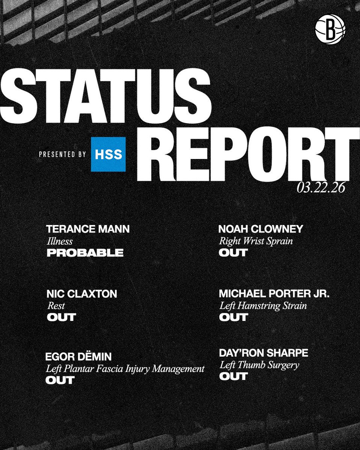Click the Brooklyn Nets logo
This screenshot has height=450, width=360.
coord(330,30)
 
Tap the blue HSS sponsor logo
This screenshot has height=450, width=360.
coord(108,154)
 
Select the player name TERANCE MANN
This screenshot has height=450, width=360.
coord(88,229)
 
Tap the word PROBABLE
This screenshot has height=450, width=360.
coord(85,253)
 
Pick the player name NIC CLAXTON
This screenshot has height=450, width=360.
coord(81,294)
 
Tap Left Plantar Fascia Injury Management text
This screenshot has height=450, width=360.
coord(125,369)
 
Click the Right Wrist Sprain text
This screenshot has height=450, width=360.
coord(256,241)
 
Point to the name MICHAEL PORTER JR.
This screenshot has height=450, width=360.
coord(274,294)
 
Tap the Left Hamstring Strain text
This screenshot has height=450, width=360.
coord(263,306)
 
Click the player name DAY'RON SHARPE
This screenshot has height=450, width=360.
coord(264,353)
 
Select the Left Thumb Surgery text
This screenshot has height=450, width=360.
coord(259,364)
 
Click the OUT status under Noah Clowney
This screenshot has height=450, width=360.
coord(233,253)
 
